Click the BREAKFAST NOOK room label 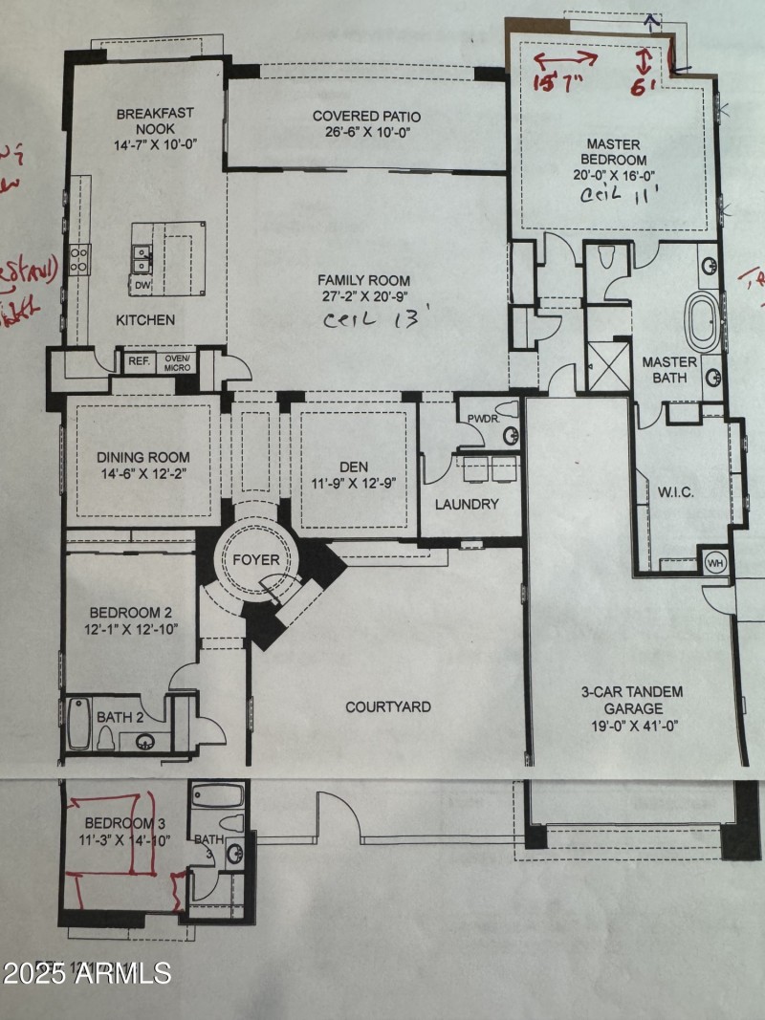tap(155, 120)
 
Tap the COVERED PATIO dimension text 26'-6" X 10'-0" tap(366, 134)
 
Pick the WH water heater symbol tap(714, 563)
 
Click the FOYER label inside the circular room tap(256, 559)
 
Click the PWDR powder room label tap(478, 418)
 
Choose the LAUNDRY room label tap(468, 504)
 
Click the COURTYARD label tap(387, 707)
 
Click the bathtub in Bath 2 tap(78, 723)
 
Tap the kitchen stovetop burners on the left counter tap(78, 260)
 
